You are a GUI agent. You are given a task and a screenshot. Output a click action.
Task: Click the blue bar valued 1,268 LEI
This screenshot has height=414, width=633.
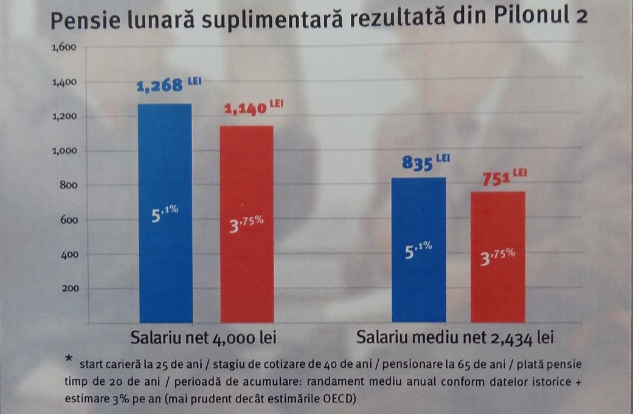click(165, 213)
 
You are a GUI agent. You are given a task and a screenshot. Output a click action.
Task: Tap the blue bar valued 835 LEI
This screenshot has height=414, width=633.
click(418, 249)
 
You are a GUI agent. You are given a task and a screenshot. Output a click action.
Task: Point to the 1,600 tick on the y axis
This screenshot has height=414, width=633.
click(63, 48)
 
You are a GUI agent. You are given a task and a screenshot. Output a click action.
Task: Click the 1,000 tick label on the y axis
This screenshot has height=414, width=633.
click(63, 151)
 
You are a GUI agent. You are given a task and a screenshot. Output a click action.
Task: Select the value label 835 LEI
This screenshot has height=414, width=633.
click(425, 163)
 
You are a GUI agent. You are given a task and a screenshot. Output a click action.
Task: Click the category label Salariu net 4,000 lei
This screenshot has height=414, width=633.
click(207, 338)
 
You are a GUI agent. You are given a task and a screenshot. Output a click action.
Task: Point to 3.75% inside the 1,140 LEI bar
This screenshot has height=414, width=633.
click(245, 223)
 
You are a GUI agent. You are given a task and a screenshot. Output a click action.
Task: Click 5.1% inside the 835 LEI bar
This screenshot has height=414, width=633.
click(418, 250)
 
